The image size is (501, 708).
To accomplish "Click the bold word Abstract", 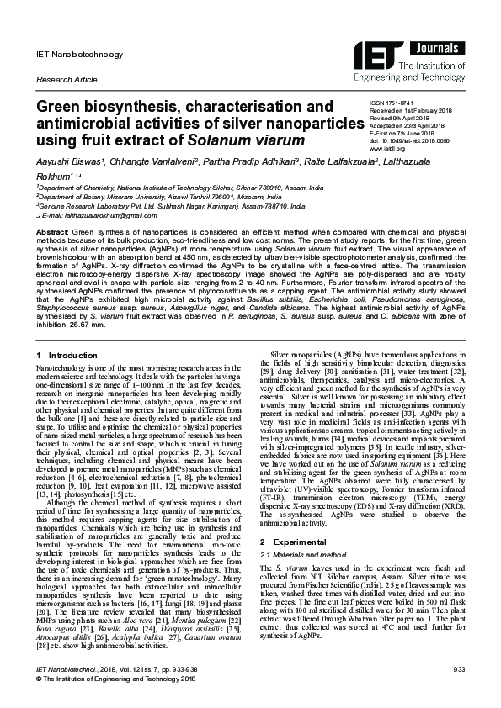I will click(51, 230).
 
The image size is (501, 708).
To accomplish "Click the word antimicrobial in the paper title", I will click(75, 124).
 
